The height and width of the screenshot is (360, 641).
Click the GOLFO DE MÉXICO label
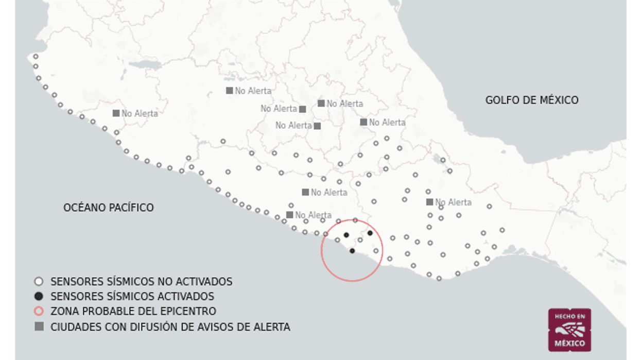531,100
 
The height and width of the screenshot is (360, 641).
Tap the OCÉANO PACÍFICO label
109,208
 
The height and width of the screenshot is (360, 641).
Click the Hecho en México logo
569,330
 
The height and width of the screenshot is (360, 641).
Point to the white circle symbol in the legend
39,282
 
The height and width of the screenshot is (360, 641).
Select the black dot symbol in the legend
39,297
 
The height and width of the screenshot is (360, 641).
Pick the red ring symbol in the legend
39,312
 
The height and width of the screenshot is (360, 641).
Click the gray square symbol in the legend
39,327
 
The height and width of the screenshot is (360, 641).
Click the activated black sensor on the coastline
352,251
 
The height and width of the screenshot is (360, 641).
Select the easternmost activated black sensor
370,233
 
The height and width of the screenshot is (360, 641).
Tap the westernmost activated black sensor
347,235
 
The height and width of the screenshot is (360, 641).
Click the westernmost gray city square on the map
116,113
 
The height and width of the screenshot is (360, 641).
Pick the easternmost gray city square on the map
430,202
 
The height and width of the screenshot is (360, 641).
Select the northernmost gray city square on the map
230,91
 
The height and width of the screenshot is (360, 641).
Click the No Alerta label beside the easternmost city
453,202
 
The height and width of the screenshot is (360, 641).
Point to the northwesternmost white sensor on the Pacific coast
36,57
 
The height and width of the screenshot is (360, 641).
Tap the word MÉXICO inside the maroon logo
569,343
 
